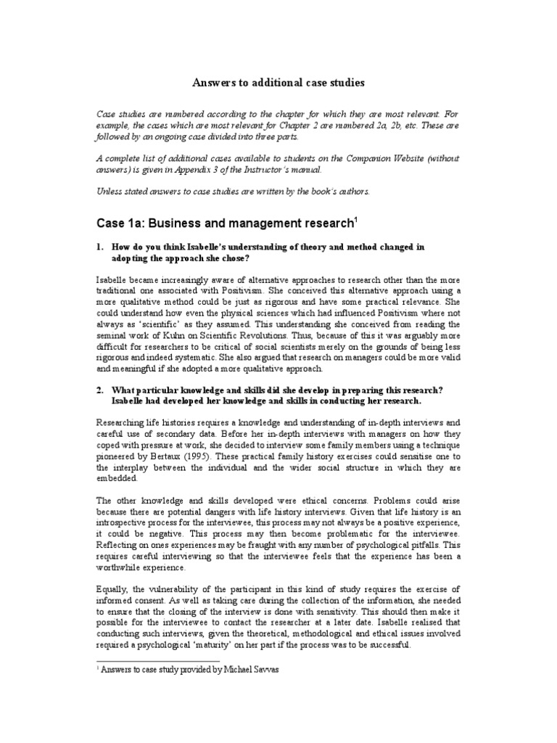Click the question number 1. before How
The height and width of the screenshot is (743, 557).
(x=101, y=247)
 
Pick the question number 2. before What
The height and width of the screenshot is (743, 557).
(x=101, y=390)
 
